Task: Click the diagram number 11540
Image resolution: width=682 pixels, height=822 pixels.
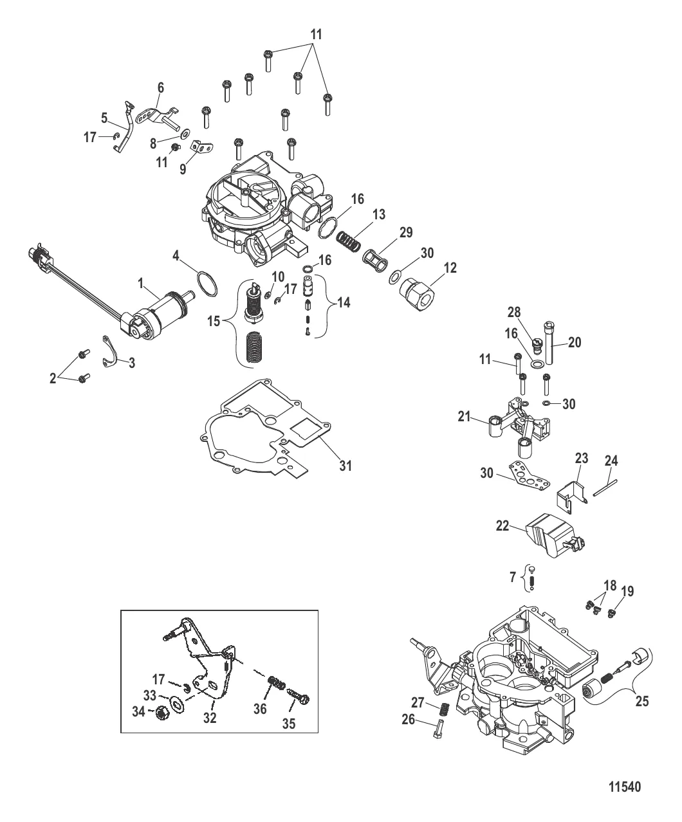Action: [x=625, y=786]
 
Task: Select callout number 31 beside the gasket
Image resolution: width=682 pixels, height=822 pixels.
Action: [x=346, y=465]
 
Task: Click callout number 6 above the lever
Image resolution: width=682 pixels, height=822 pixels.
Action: [x=161, y=87]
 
